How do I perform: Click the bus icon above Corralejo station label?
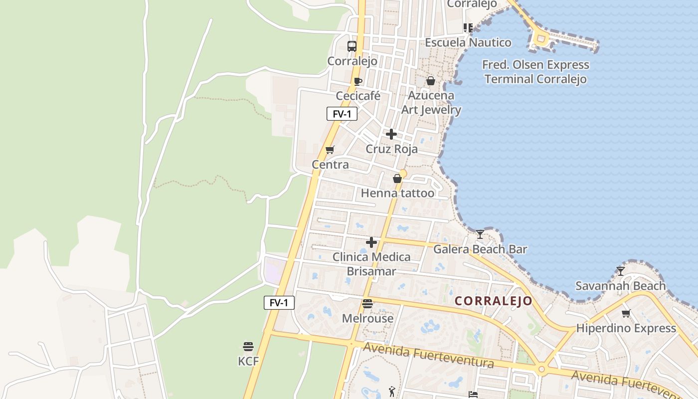pyautogui.click(x=352, y=46)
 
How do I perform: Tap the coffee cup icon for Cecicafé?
pyautogui.click(x=357, y=81)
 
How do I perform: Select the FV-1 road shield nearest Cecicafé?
pyautogui.click(x=342, y=114)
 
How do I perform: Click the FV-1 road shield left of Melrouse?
pyautogui.click(x=279, y=302)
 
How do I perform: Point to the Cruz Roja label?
pyautogui.click(x=391, y=149)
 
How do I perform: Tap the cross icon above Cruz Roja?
pyautogui.click(x=391, y=134)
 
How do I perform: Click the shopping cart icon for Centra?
pyautogui.click(x=330, y=150)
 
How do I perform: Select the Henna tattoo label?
pyautogui.click(x=397, y=193)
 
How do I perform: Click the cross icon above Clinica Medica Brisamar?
pyautogui.click(x=371, y=242)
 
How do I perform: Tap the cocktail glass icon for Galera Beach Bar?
pyautogui.click(x=480, y=234)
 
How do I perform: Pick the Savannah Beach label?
pyautogui.click(x=620, y=286)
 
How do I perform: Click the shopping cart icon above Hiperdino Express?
pyautogui.click(x=626, y=313)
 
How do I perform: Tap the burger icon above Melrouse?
pyautogui.click(x=367, y=303)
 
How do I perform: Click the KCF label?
pyautogui.click(x=248, y=361)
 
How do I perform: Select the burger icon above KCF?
pyautogui.click(x=248, y=346)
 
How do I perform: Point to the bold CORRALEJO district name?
pyautogui.click(x=494, y=301)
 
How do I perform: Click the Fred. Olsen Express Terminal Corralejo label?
pyautogui.click(x=535, y=72)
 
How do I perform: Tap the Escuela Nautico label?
pyautogui.click(x=468, y=42)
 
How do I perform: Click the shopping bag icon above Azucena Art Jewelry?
pyautogui.click(x=431, y=81)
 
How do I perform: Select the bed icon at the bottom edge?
pyautogui.click(x=473, y=395)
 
